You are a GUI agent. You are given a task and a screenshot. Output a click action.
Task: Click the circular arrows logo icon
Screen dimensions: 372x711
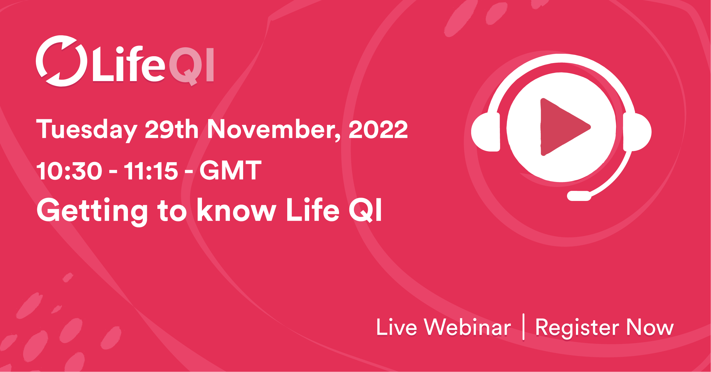click(x=61, y=61)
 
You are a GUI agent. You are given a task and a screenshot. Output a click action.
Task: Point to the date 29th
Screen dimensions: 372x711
click(x=171, y=129)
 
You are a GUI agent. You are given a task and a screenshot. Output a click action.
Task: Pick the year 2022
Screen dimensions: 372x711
click(x=378, y=129)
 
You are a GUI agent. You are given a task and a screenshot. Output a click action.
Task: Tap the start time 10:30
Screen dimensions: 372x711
click(x=69, y=171)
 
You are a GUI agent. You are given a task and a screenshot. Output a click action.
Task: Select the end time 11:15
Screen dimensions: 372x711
click(x=151, y=171)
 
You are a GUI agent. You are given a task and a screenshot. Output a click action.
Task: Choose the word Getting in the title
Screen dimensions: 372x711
click(x=92, y=211)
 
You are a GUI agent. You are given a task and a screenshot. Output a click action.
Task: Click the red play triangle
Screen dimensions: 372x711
click(x=561, y=127)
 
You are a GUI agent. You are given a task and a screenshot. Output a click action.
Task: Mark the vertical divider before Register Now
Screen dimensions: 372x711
click(x=524, y=327)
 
